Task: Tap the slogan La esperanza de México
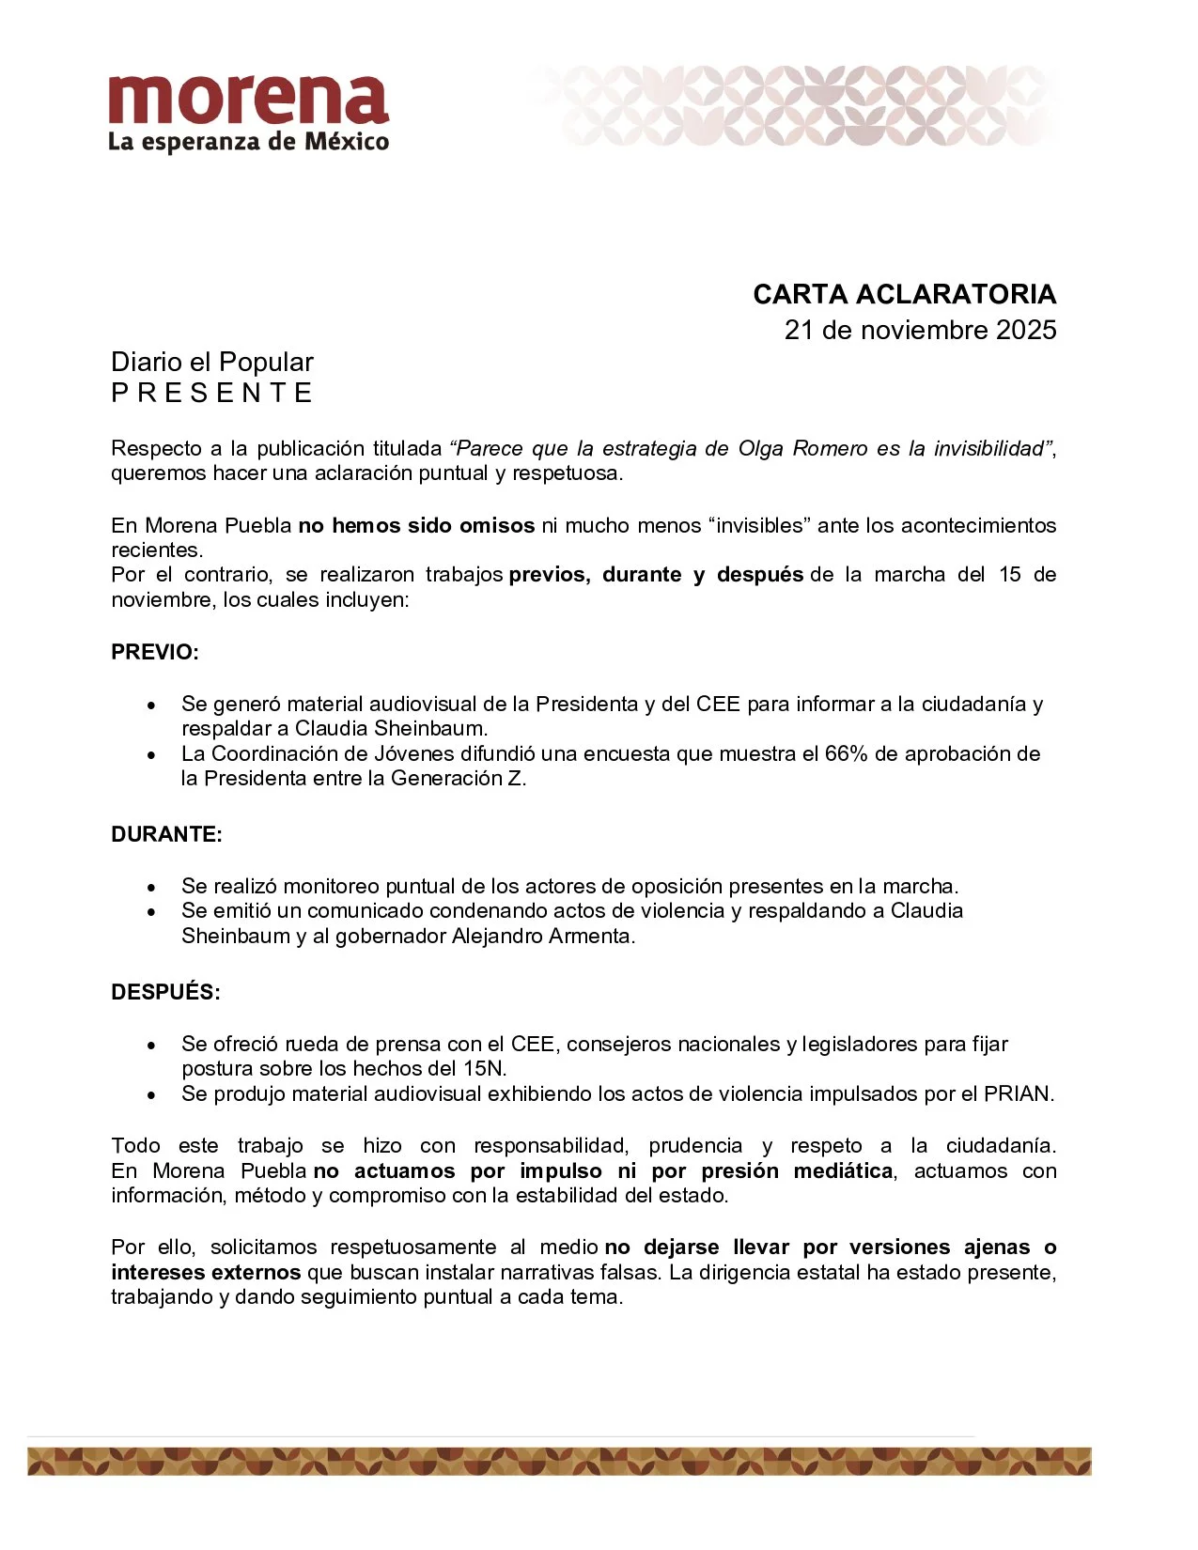click(248, 143)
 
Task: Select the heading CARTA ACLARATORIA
click(904, 294)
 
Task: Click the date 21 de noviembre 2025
click(920, 330)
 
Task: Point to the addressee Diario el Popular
click(212, 362)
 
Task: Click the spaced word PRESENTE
click(212, 393)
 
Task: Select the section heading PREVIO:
click(155, 652)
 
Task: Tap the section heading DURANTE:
click(166, 834)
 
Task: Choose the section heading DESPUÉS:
click(165, 992)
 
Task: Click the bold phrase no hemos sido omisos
click(416, 525)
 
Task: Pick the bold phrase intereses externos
click(206, 1272)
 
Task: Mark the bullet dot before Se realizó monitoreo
click(151, 887)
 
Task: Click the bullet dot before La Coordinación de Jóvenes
click(151, 754)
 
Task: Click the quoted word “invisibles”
click(760, 525)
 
